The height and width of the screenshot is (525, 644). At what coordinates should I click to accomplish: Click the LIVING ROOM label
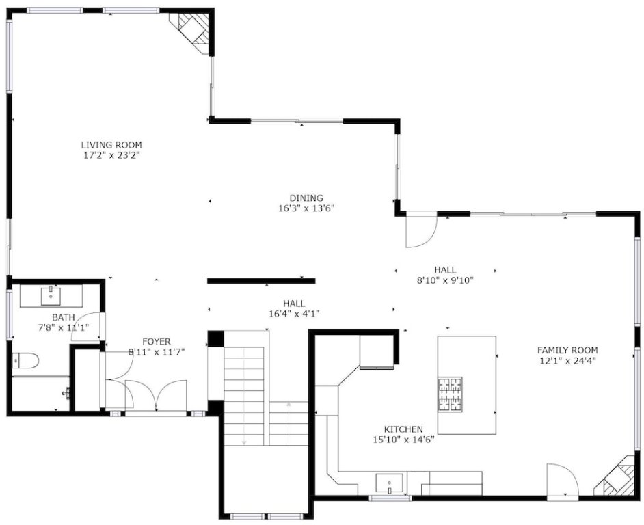click(x=111, y=145)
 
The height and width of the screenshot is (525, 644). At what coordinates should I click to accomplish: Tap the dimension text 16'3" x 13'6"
click(x=306, y=208)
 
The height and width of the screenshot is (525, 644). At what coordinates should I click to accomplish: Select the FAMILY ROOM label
click(x=567, y=350)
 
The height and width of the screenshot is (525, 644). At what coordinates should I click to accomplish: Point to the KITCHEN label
click(x=403, y=429)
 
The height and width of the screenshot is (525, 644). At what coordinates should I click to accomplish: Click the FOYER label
click(x=157, y=341)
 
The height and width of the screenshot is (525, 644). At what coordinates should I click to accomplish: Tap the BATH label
click(x=64, y=317)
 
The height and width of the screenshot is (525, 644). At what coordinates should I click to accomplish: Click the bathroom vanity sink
click(x=51, y=296)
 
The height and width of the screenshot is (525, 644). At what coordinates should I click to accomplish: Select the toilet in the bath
click(x=25, y=361)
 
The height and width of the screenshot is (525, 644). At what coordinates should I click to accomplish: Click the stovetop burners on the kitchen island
click(x=450, y=394)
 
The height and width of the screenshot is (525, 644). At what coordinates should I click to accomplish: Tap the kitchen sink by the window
click(x=390, y=484)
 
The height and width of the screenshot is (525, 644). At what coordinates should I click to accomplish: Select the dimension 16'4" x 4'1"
click(x=294, y=314)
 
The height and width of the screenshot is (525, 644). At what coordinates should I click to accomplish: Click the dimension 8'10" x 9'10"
click(x=445, y=280)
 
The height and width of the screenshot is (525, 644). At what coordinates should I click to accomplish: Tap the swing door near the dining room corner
click(x=421, y=231)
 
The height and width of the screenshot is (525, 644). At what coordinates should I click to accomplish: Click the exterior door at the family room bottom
click(x=563, y=481)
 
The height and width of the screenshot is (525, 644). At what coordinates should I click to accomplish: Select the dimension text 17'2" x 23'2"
click(x=111, y=155)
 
